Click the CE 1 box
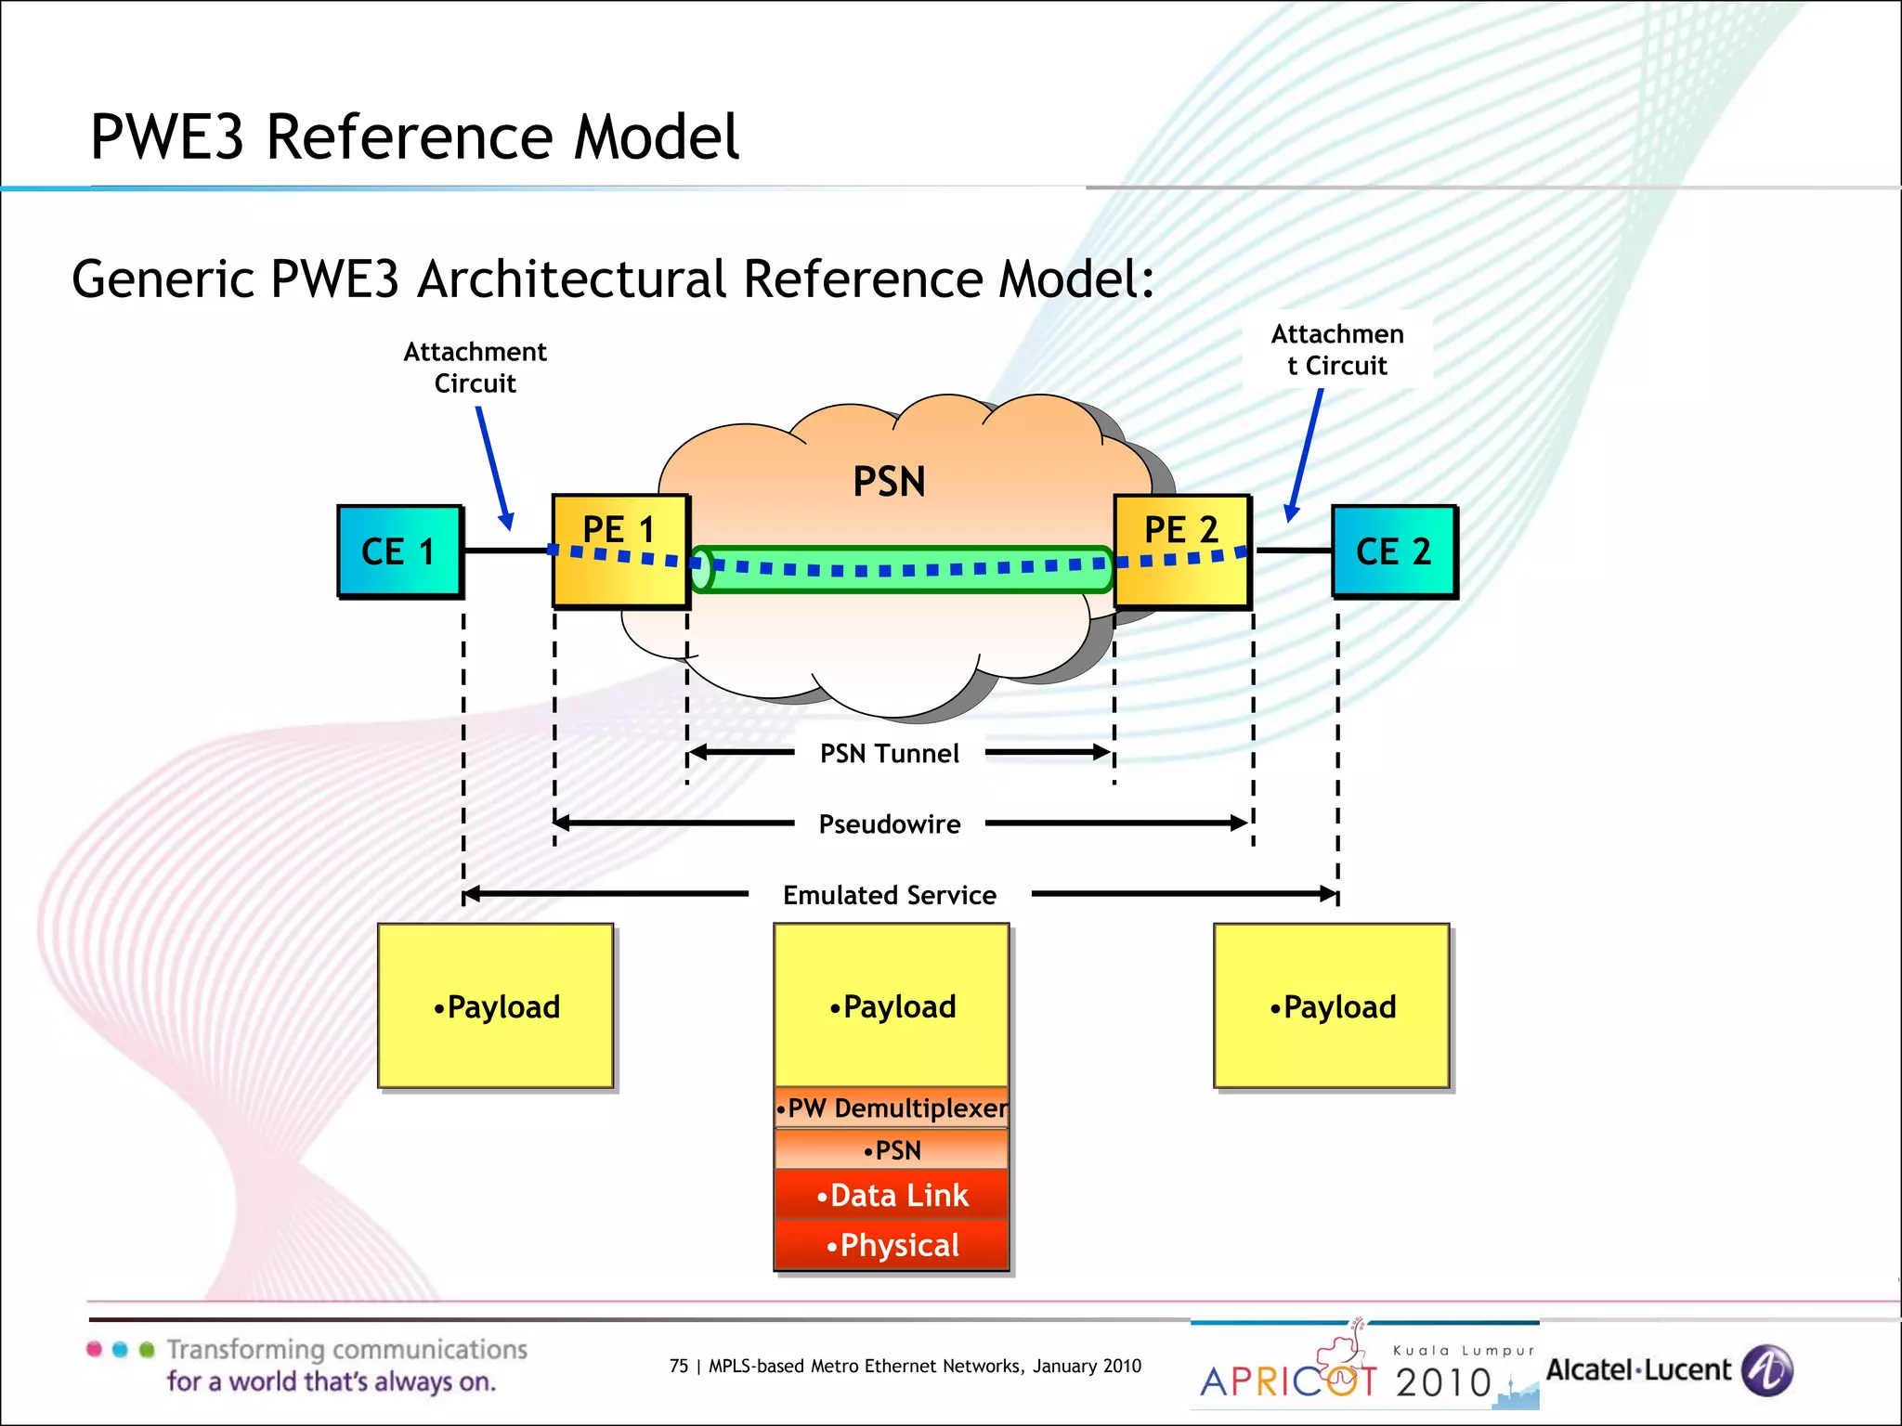(x=399, y=551)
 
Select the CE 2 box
(x=1393, y=551)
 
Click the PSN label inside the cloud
(x=889, y=482)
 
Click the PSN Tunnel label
(x=889, y=753)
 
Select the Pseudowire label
(x=889, y=823)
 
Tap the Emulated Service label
(x=889, y=895)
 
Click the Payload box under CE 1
(x=495, y=1006)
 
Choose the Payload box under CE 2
(x=1331, y=1006)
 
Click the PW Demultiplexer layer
(x=892, y=1108)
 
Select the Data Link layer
(x=892, y=1195)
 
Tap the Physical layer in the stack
(x=892, y=1245)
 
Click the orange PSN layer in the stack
(x=892, y=1150)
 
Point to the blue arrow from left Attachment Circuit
(x=494, y=467)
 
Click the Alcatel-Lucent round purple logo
(x=1766, y=1370)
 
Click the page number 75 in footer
(x=679, y=1366)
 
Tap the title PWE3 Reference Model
(x=414, y=137)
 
